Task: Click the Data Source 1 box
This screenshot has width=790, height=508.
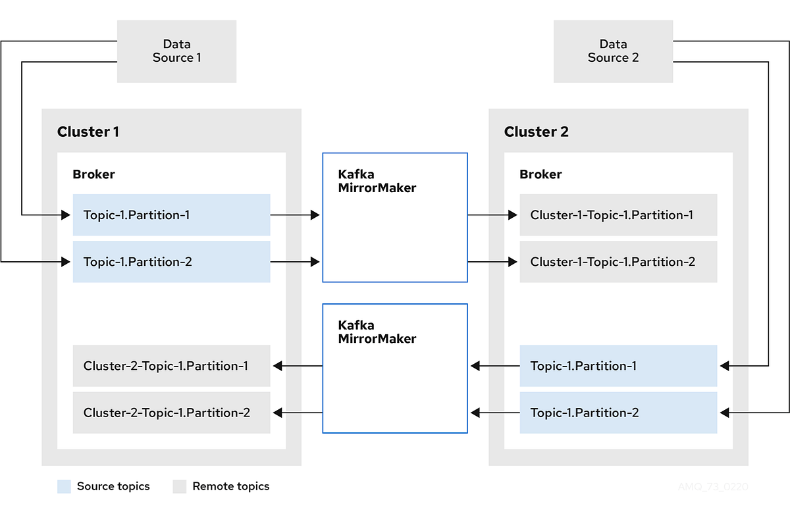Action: coord(176,51)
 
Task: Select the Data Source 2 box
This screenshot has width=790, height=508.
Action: coord(613,51)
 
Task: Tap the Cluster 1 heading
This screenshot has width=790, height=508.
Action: coord(88,132)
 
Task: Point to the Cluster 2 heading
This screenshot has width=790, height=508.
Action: coord(536,132)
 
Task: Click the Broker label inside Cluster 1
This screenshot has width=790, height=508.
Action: coord(93,174)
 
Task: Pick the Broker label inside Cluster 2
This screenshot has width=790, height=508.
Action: coord(540,174)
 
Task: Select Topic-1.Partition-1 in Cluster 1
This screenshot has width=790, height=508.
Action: coord(171,215)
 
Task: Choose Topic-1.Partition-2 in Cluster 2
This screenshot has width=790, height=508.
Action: coord(618,413)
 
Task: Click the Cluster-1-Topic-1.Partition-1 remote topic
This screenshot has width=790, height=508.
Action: coord(618,215)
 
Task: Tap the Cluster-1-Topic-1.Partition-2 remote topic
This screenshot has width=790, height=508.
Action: coord(618,261)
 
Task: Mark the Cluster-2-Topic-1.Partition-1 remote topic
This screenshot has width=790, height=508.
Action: coord(171,366)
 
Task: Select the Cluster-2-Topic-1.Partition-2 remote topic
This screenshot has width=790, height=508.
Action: coord(171,413)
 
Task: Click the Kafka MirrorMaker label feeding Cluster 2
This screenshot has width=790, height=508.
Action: coord(377,181)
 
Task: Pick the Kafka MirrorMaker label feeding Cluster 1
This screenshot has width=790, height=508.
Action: coord(377,332)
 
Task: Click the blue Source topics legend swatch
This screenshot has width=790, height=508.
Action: coord(64,486)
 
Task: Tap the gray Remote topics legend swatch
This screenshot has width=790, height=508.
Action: coord(180,486)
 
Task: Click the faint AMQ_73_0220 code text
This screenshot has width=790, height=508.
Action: coord(713,487)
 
